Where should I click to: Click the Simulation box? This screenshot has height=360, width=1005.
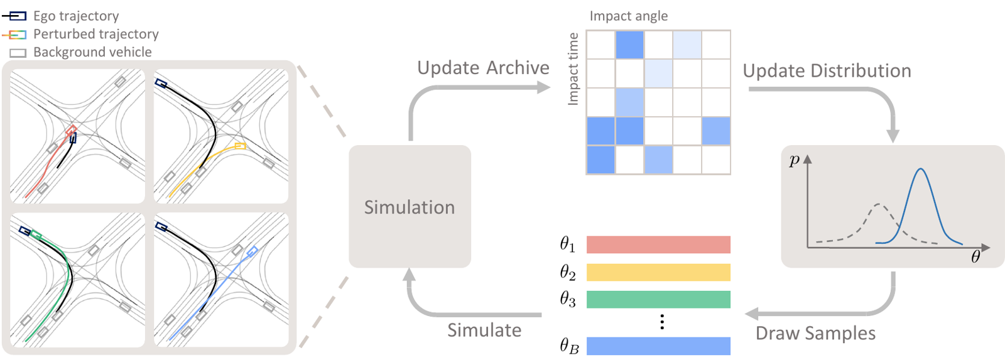410,207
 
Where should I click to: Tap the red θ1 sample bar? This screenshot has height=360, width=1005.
658,244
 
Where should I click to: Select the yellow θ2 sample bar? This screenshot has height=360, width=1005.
658,272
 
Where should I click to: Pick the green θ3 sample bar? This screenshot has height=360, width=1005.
658,299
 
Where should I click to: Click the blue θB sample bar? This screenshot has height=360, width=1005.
658,346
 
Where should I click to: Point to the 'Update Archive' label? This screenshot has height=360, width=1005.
483,68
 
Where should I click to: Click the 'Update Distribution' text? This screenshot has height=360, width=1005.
827,71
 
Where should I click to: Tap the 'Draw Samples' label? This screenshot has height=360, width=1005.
815,333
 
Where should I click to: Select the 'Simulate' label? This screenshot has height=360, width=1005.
484,330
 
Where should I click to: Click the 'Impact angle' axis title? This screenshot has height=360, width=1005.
628,16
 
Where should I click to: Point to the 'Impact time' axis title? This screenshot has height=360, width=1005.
573,69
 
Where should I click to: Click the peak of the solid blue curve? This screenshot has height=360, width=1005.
920,169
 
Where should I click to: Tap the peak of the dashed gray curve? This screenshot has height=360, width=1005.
879,204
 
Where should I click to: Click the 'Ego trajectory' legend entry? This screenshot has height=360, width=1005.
75,16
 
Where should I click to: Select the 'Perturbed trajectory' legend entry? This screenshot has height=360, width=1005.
95,34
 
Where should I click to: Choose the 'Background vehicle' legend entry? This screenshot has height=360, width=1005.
92,52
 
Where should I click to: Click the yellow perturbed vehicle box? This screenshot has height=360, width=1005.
240,146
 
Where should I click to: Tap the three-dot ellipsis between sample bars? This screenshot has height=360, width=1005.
662,322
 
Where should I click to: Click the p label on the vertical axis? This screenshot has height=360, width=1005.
794,160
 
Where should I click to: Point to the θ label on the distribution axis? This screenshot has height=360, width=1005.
975,256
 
